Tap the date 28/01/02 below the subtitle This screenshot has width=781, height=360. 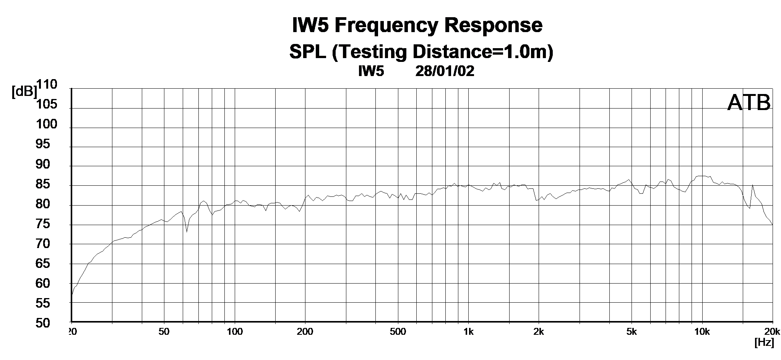(445, 71)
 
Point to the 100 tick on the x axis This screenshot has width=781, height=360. (235, 331)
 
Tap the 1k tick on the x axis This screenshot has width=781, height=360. (468, 331)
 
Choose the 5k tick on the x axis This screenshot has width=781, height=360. (632, 331)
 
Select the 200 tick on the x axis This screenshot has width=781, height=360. (305, 331)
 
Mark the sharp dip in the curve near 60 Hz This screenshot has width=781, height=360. (187, 231)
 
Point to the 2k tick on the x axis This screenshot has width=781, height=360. (539, 331)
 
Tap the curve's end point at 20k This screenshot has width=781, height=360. (772, 224)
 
